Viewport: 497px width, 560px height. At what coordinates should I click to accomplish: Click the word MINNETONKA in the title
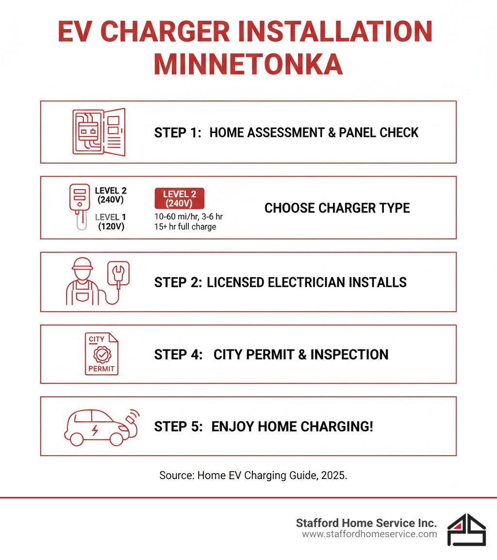[248, 64]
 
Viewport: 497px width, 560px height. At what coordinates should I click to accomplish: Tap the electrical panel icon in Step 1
[99, 132]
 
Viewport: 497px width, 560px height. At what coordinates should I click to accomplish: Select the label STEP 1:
[178, 132]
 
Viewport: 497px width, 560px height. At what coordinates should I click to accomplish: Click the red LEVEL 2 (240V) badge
[179, 198]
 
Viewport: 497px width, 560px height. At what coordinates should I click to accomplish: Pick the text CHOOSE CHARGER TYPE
[337, 208]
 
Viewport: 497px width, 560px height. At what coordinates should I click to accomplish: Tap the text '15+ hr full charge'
[185, 227]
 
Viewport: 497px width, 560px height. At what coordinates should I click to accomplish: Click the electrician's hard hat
[82, 264]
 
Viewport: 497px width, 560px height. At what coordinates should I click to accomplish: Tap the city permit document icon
[101, 354]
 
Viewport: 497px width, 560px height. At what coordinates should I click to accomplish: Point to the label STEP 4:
[178, 354]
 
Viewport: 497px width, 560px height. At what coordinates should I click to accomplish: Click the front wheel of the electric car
[116, 439]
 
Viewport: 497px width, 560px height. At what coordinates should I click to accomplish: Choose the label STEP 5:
[178, 427]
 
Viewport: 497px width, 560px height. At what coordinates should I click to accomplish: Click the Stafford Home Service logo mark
[466, 530]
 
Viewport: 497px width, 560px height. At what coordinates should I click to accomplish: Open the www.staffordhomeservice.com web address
[369, 534]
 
